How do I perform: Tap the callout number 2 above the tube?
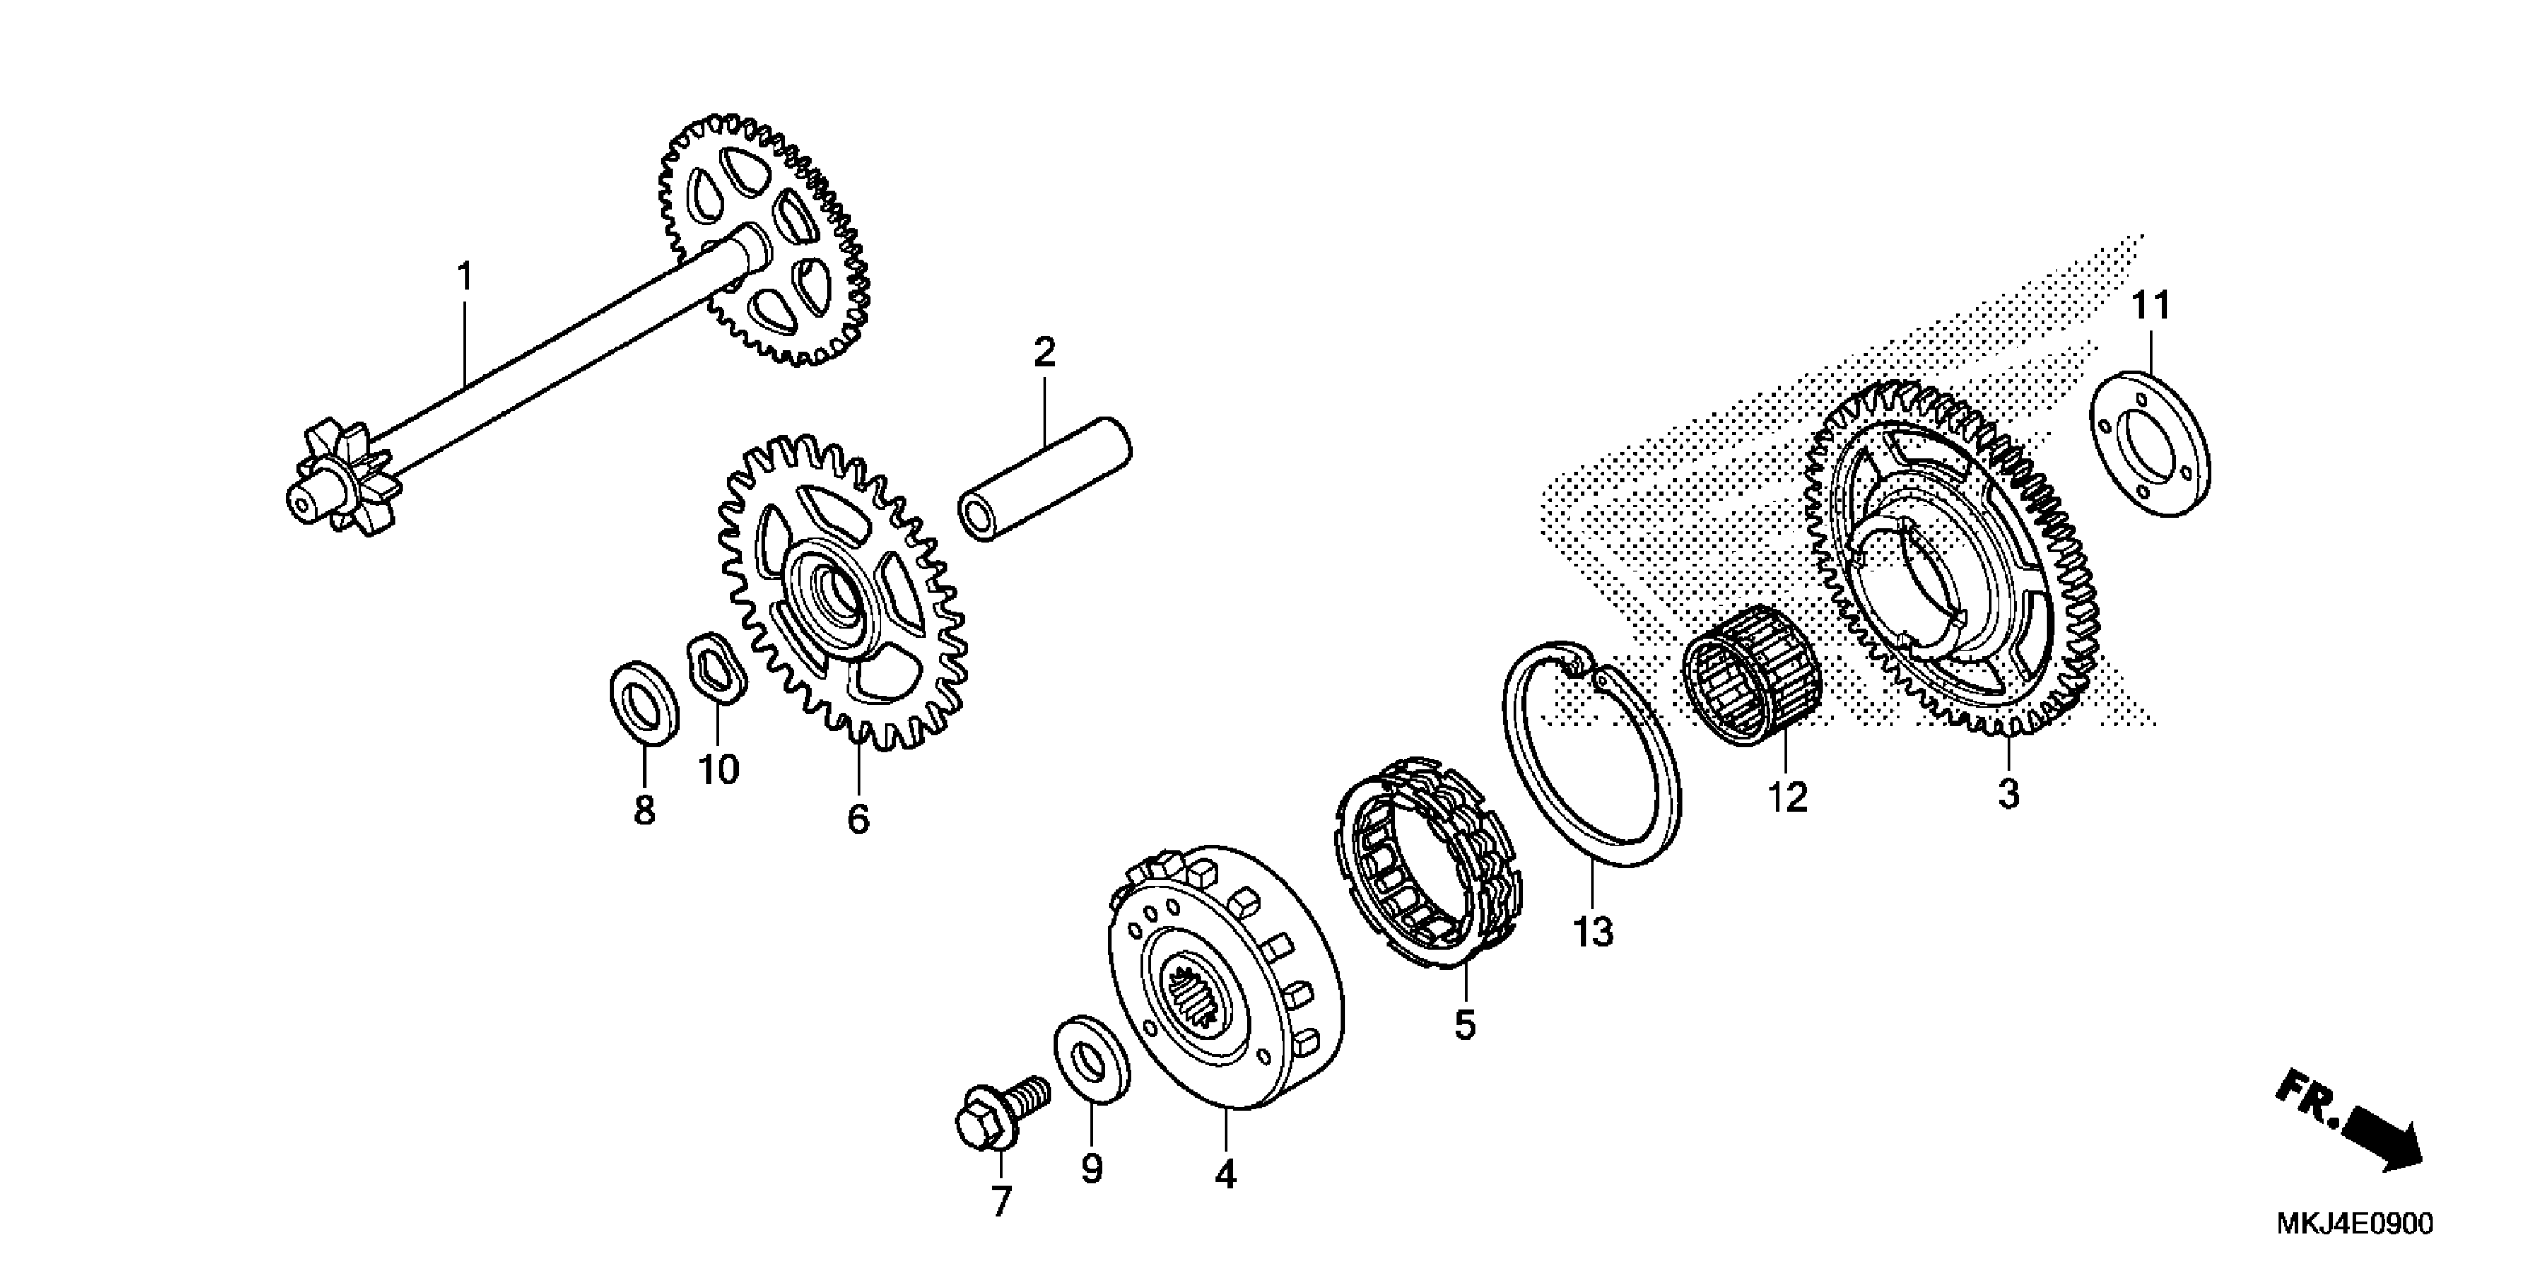click(x=1044, y=352)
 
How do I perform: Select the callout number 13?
click(x=1593, y=931)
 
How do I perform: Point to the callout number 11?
click(x=2150, y=307)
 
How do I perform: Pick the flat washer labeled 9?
click(x=1092, y=1060)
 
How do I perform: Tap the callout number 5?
click(x=1464, y=1025)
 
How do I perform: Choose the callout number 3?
click(x=2008, y=793)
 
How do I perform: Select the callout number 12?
click(x=1787, y=798)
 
